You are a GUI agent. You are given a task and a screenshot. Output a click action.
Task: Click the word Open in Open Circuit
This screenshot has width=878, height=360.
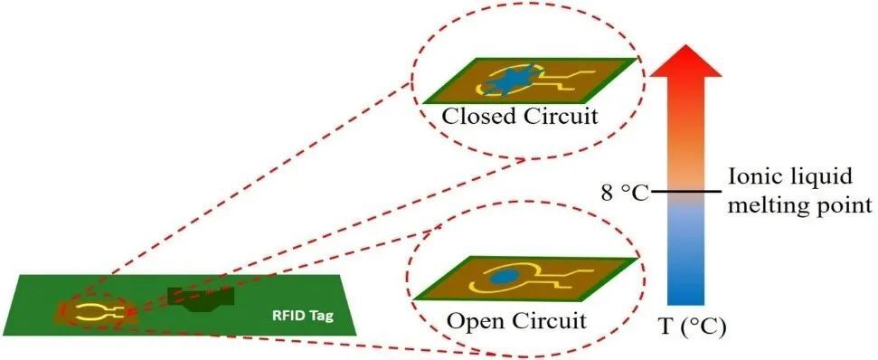[473, 320]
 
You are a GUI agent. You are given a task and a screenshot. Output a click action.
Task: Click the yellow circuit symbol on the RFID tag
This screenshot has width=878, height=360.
[91, 312]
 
